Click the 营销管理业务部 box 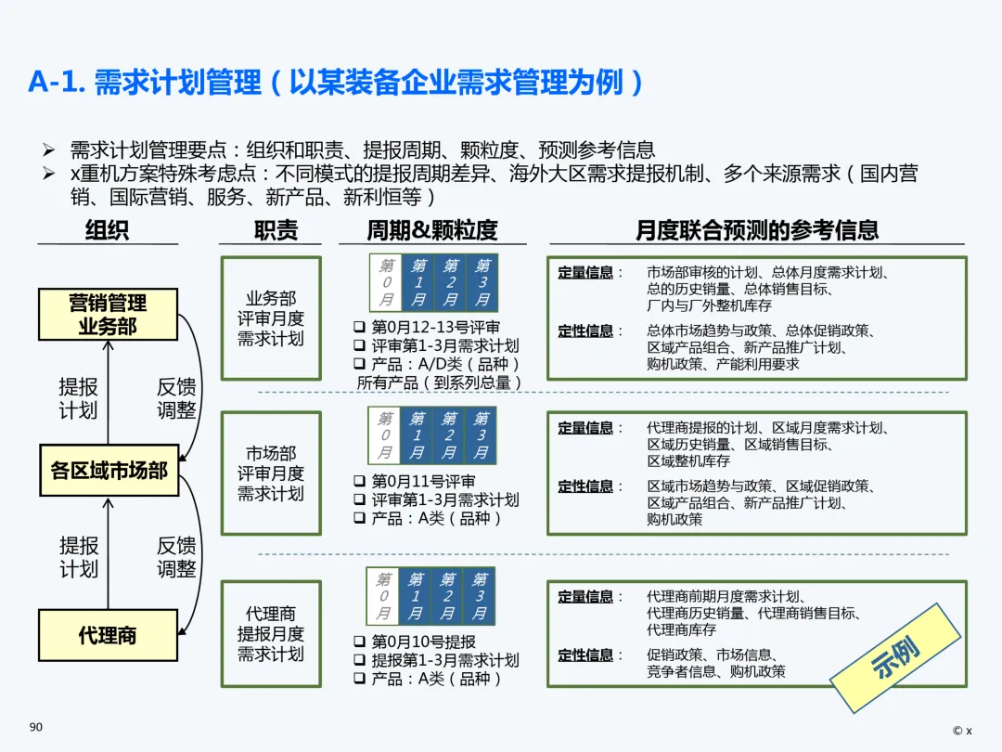point(108,314)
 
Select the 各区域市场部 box point(108,470)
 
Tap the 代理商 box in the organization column point(108,635)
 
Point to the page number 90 point(36,727)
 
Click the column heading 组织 point(107,230)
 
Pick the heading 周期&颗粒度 point(432,230)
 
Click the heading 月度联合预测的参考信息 point(757,230)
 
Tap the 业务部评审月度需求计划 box point(270,318)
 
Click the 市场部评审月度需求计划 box point(270,473)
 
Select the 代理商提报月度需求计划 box point(270,634)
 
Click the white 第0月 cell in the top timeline point(385,282)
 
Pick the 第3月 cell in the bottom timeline point(479,596)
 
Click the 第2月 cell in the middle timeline point(448,435)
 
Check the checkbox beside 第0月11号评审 point(360,482)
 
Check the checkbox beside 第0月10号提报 point(360,642)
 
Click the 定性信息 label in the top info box point(585,331)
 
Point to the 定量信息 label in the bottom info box point(585,597)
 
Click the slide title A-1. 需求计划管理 point(145,83)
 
